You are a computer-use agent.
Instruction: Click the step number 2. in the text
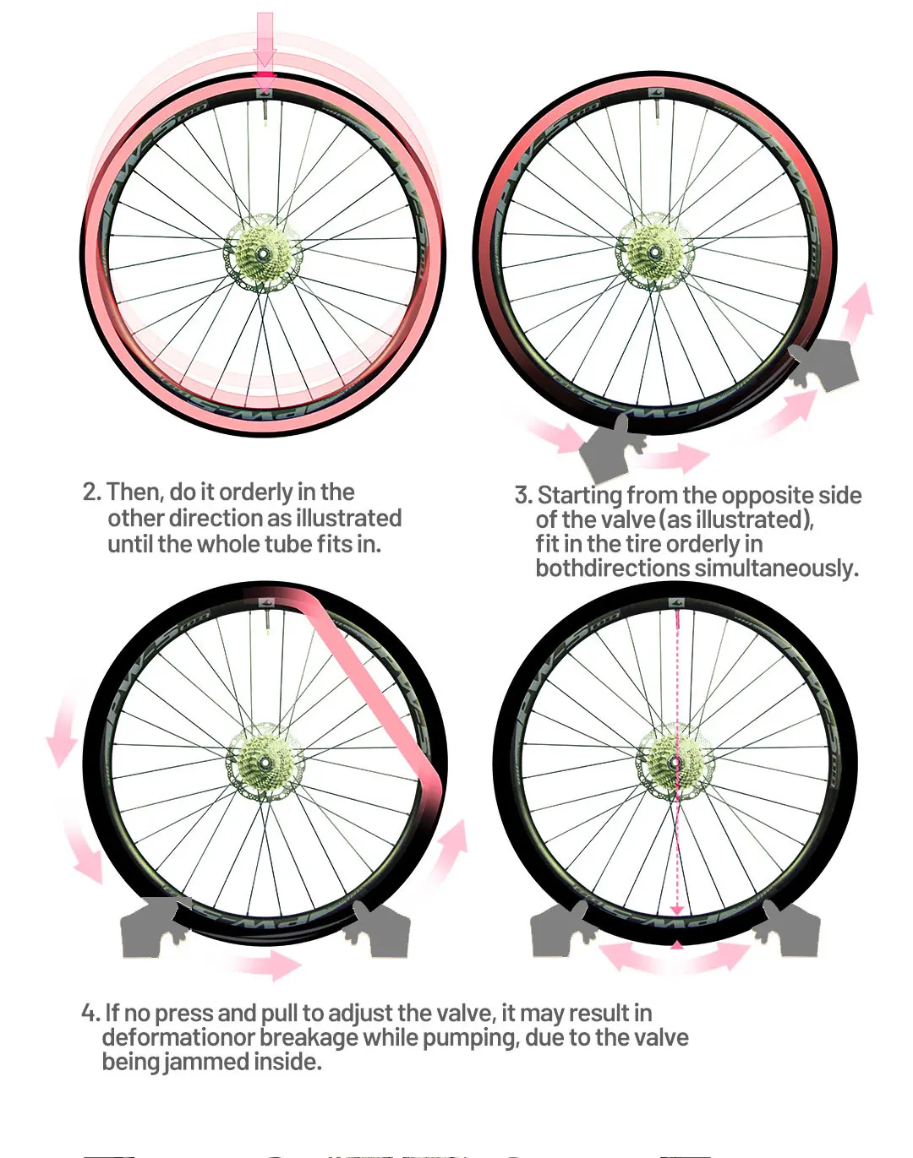(x=92, y=492)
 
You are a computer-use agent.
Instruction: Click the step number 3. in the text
(x=523, y=496)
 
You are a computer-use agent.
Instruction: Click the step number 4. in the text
(x=90, y=1013)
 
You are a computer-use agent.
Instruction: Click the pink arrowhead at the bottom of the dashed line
(x=676, y=909)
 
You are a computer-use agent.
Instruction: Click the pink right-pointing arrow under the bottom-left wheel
(x=271, y=964)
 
